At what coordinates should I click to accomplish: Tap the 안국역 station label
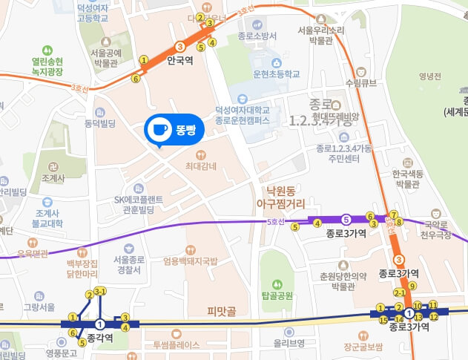click(179, 61)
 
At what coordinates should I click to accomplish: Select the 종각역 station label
click(99, 338)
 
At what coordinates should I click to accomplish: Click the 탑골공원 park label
click(277, 295)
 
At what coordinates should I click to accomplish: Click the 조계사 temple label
click(53, 178)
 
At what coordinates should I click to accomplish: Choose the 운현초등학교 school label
click(280, 74)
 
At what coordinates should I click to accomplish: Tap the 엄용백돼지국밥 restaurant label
click(191, 261)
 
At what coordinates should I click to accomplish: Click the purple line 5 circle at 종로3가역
click(346, 220)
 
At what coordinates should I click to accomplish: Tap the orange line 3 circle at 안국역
click(179, 46)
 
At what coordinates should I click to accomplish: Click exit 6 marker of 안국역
click(136, 78)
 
